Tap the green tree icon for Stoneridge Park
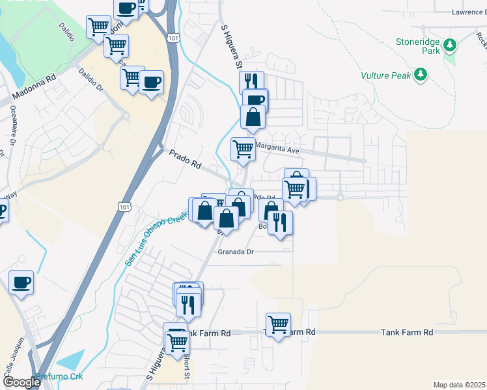[x=450, y=45]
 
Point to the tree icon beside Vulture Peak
[x=421, y=75]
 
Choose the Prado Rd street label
[x=185, y=160]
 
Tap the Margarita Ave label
[x=276, y=149]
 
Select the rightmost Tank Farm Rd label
[x=406, y=332]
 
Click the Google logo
[x=21, y=382]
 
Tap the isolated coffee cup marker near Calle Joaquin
[x=21, y=283]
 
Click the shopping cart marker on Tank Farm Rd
[x=278, y=324]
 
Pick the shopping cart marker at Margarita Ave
[x=244, y=148]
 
